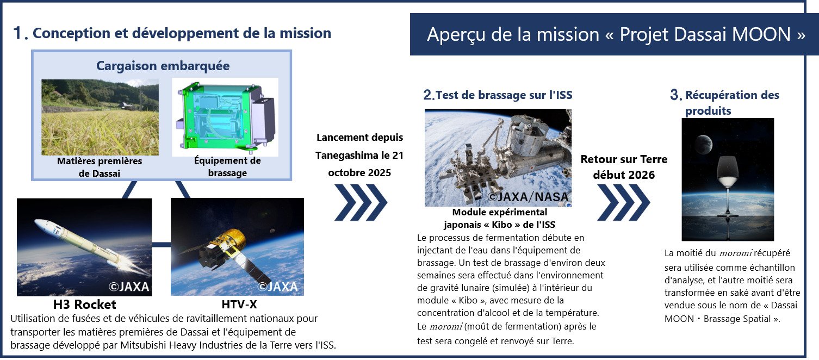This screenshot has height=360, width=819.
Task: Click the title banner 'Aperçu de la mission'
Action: pos(615,34)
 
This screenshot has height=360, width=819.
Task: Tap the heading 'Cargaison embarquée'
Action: pos(163,66)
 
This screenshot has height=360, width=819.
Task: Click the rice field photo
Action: pos(100,117)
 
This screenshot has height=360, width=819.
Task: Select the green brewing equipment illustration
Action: pos(225,117)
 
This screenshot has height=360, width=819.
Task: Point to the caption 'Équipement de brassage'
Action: pos(227,166)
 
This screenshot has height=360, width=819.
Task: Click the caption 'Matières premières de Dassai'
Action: pos(100,167)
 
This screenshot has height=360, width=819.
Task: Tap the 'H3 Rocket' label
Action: pos(84,305)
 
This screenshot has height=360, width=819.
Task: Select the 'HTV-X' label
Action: pos(239,305)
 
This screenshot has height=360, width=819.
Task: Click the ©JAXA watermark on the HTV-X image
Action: pos(277,287)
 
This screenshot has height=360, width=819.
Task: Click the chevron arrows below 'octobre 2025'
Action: pos(361,202)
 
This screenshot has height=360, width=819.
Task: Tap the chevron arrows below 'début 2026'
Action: pos(623,202)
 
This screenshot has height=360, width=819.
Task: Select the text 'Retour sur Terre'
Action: pos(624,159)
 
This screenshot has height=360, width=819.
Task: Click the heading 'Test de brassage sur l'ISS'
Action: pos(504,95)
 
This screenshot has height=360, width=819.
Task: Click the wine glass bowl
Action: pos(728,173)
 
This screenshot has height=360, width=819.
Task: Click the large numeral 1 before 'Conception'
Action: pos(17,33)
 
